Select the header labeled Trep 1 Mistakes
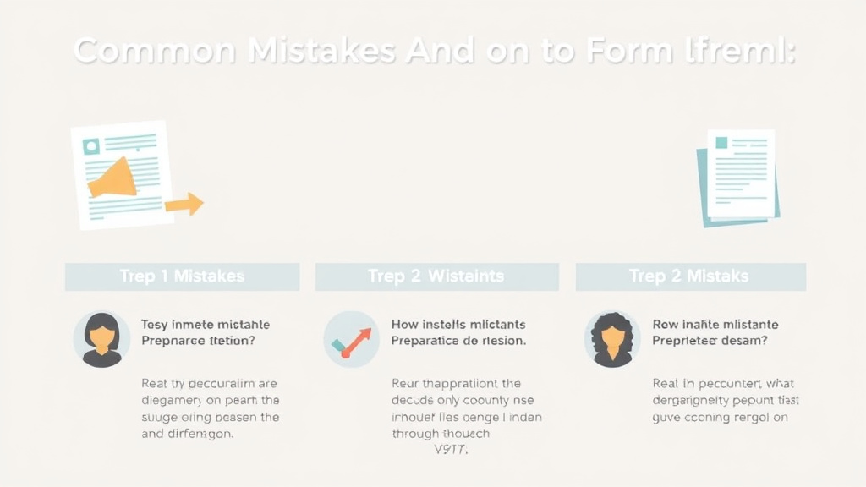click(182, 276)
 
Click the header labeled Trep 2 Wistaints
click(436, 276)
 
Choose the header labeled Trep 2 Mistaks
click(690, 276)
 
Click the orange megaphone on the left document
click(113, 177)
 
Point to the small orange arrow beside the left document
click(184, 204)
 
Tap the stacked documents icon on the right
click(738, 177)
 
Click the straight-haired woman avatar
click(101, 339)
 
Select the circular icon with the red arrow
click(352, 339)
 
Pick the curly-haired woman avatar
click(612, 339)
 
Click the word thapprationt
click(462, 384)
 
